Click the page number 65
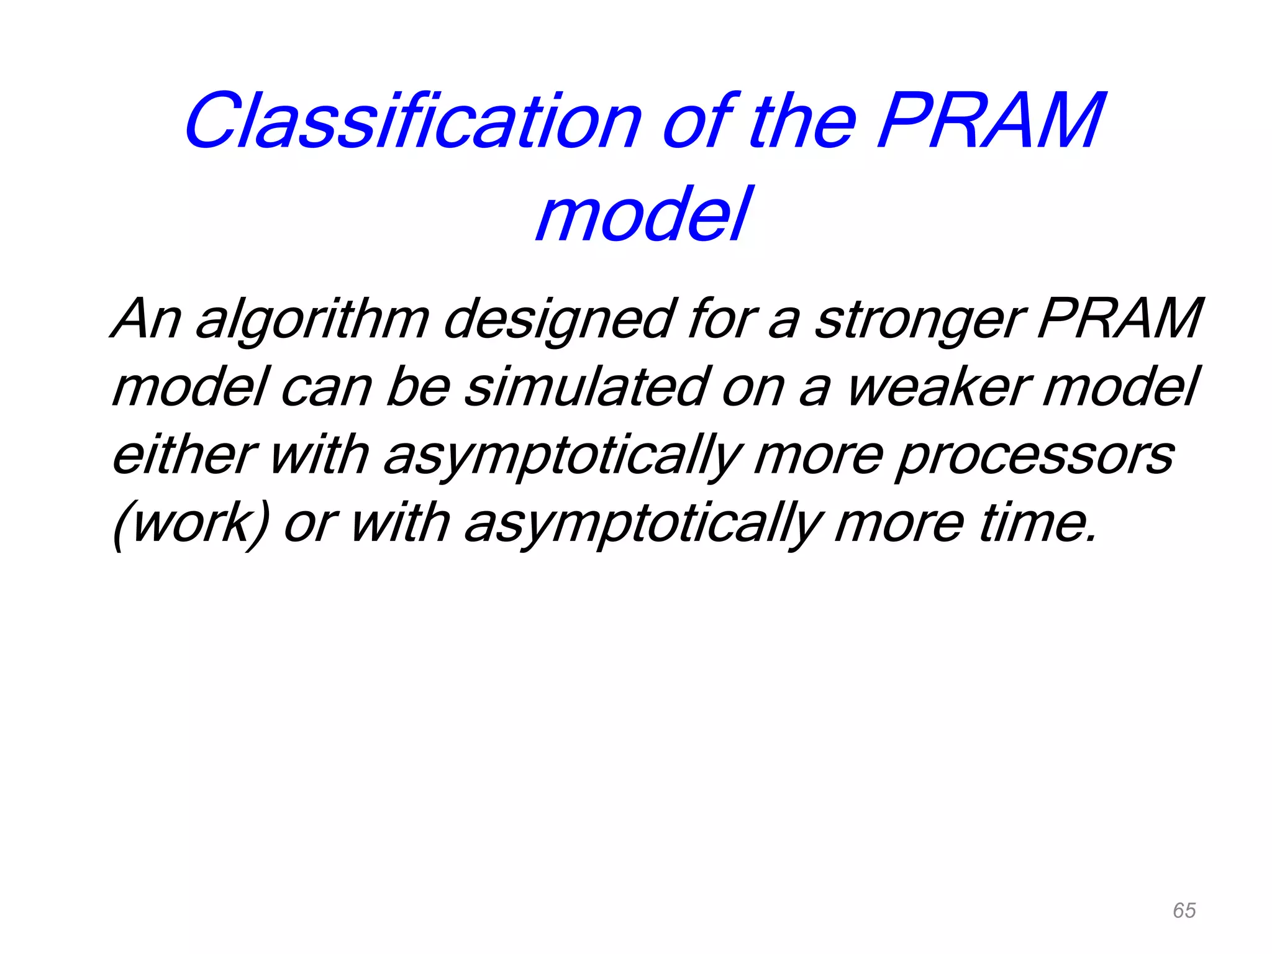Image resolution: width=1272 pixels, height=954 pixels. pyautogui.click(x=1184, y=911)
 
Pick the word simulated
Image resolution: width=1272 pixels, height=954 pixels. pyautogui.click(x=586, y=388)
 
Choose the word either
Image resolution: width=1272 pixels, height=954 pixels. pyautogui.click(x=184, y=455)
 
